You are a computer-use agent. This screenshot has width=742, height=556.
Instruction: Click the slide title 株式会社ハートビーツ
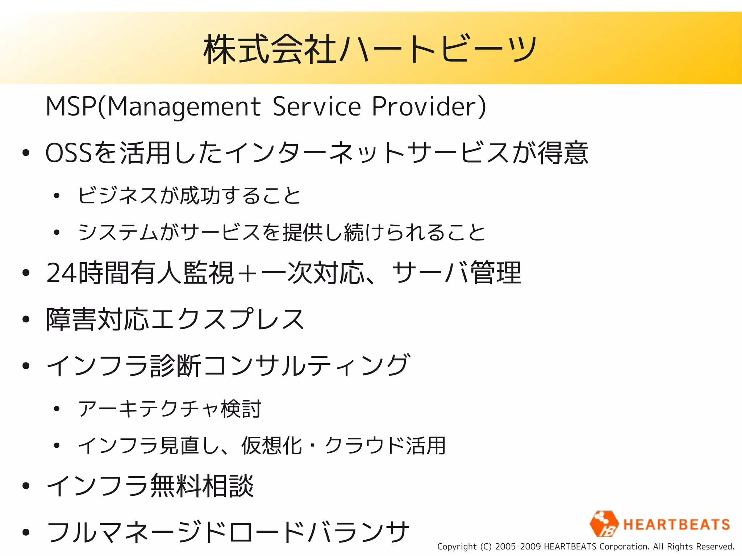(370, 49)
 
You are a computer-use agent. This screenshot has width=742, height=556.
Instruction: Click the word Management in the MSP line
(184, 107)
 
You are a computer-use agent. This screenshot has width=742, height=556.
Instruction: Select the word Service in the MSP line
(317, 107)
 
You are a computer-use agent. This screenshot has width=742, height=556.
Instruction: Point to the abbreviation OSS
(69, 153)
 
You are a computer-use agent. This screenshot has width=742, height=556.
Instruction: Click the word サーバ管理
(457, 273)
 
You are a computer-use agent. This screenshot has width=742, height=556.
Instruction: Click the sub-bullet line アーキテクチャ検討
(170, 409)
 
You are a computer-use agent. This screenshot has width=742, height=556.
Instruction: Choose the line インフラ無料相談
(150, 486)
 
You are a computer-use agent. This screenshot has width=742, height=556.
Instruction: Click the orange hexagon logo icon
(604, 524)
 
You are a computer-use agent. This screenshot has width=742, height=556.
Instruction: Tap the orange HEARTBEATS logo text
(676, 524)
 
